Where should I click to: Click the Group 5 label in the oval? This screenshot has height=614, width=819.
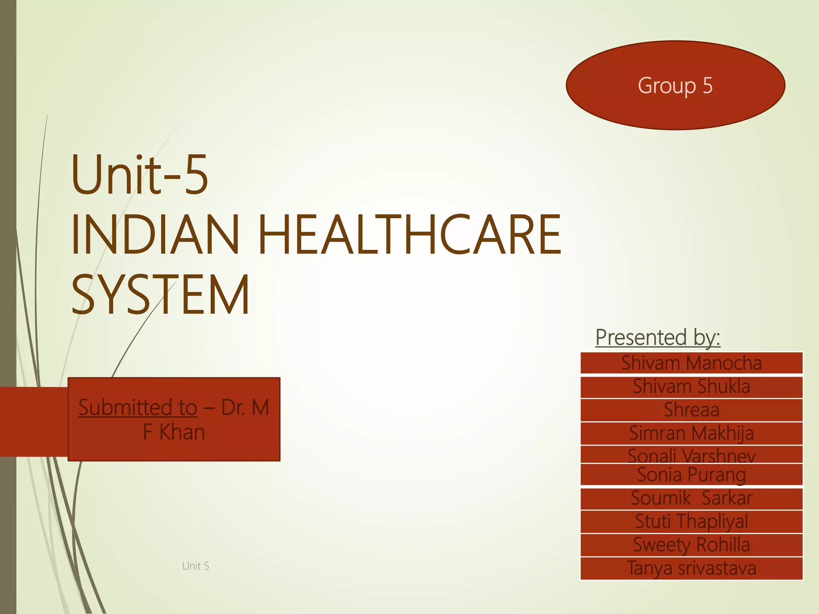(675, 85)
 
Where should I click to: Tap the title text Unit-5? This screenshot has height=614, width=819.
(140, 175)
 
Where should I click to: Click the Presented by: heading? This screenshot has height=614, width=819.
(658, 337)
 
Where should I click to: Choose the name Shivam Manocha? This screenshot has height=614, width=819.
(691, 363)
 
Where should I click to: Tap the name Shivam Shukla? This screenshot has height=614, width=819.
(691, 387)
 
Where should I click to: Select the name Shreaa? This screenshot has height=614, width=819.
(691, 410)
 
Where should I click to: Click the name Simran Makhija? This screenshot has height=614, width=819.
(691, 433)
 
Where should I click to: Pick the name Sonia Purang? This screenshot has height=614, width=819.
(691, 474)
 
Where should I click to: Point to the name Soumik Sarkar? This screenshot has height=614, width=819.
(691, 498)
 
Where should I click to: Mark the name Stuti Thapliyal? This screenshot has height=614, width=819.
(691, 521)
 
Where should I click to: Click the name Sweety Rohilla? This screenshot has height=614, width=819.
(691, 545)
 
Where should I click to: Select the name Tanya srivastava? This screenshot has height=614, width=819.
(691, 568)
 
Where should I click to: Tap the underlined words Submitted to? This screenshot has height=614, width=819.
(138, 407)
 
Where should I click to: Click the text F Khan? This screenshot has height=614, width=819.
(174, 432)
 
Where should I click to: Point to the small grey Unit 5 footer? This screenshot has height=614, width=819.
(196, 566)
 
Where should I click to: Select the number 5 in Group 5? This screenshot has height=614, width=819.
(707, 85)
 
